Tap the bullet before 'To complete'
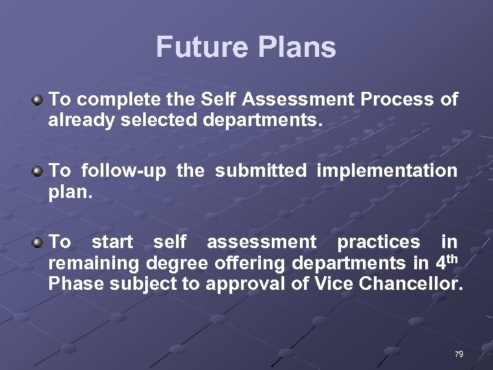[38, 100]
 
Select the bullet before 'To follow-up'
[38, 171]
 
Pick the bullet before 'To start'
[38, 243]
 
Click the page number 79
[458, 354]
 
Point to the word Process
[396, 100]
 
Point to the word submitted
[261, 171]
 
